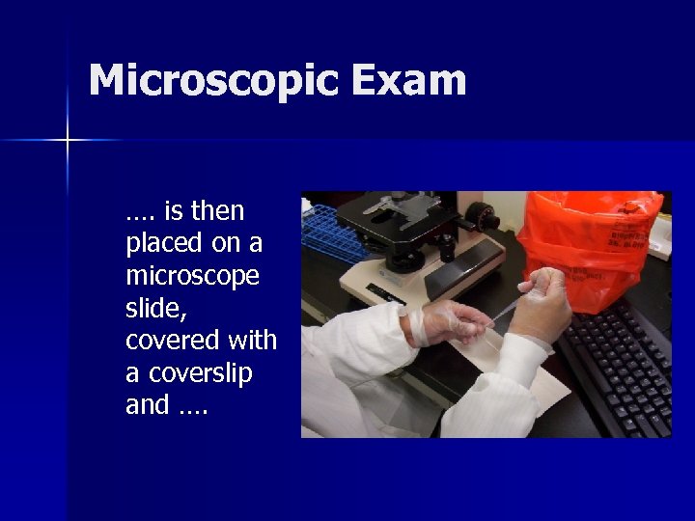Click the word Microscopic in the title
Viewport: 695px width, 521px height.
point(212,81)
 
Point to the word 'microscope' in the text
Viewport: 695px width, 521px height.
point(192,276)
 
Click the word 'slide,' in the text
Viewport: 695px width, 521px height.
point(153,308)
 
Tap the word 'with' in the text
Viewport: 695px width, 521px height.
point(252,341)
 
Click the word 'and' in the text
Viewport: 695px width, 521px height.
point(147,405)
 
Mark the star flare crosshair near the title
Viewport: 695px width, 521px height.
point(68,141)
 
